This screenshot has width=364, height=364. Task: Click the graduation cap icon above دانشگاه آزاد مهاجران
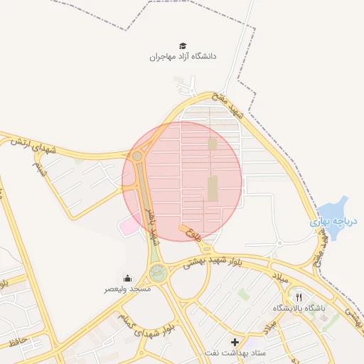pos(183,45)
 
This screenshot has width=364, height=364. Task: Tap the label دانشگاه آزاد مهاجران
pos(183,56)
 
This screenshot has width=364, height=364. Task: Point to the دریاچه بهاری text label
pos(334,222)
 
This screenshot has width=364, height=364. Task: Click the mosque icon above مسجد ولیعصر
pos(127,278)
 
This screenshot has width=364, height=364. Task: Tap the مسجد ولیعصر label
pos(127,289)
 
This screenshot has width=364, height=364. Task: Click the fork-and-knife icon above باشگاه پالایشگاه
pos(299,297)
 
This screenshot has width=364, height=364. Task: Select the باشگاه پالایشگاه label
pos(299,309)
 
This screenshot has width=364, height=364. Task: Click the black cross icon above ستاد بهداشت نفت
pos(235,342)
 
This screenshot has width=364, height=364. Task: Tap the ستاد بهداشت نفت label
pos(235,353)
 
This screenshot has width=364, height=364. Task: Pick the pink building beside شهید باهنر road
pos(130,225)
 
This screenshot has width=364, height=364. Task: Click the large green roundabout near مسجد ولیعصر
pos(158,272)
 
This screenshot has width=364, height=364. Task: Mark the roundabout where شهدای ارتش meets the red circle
pos(137,156)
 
